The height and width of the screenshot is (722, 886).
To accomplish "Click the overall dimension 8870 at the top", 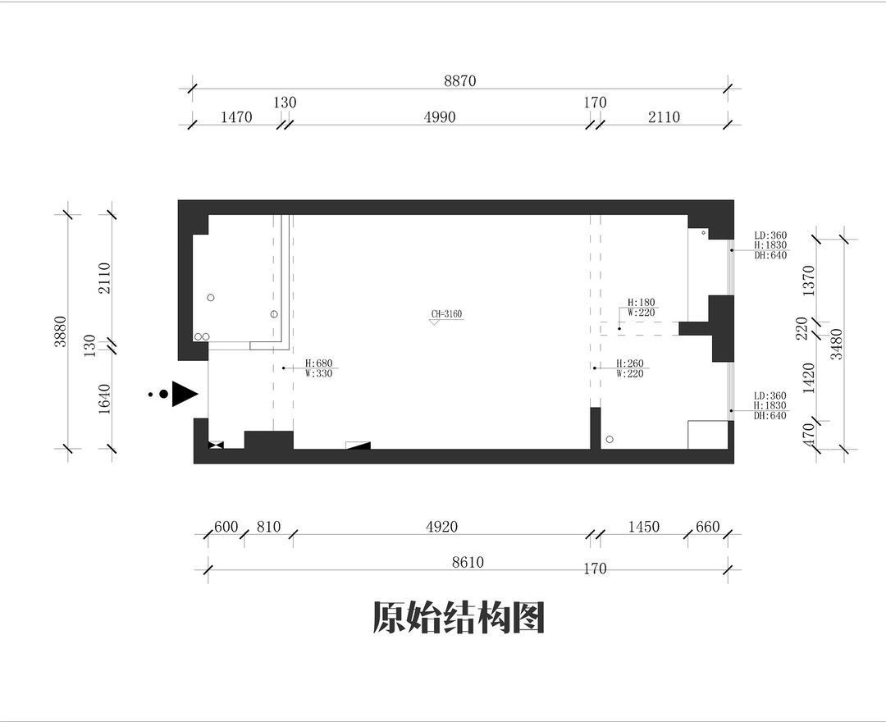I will [459, 80].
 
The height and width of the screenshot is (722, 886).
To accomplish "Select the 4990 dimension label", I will [439, 117].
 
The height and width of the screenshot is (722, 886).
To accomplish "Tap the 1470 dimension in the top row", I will [236, 117].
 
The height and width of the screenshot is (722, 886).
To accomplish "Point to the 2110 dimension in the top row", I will [664, 117].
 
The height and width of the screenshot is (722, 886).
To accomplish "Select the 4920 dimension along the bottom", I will [441, 527].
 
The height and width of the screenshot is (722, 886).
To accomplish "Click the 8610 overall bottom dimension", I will [468, 562].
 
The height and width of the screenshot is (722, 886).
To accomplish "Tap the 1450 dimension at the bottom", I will [643, 527].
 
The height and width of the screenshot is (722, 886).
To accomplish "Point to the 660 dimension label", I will [707, 527].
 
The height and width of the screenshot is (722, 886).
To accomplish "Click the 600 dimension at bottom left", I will [226, 527].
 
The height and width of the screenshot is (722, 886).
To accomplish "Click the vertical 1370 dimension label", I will [809, 280].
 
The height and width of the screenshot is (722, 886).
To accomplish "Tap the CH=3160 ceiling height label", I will [447, 314].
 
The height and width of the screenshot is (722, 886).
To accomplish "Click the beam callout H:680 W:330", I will [318, 368].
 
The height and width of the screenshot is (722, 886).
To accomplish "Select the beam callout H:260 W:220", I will [630, 368].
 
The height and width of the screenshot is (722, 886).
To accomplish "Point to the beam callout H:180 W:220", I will [640, 307].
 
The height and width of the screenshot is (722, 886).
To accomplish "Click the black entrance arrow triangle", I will [184, 394].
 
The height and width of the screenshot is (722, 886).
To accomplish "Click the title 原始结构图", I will [459, 618].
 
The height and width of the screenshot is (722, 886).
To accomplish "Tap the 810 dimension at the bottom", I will [268, 527].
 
